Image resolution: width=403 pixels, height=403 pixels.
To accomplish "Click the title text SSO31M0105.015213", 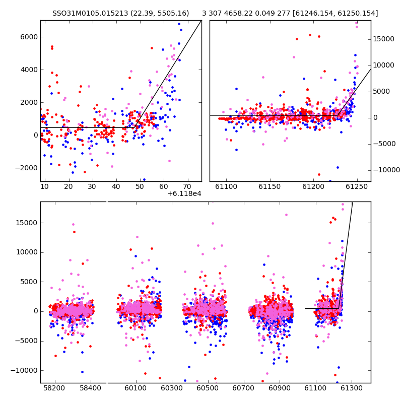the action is [90, 13].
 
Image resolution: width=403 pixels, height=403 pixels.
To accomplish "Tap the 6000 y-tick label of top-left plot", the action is [29, 37].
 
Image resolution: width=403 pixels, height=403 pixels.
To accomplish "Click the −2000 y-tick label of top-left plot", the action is [27, 168].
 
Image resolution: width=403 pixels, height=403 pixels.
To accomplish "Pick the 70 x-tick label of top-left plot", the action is [187, 186].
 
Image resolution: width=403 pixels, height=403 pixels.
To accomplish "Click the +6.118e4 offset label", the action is [184, 193].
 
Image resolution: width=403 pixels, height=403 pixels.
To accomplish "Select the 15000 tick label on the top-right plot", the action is [383, 39].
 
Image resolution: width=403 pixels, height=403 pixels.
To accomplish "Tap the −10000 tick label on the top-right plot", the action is [386, 170].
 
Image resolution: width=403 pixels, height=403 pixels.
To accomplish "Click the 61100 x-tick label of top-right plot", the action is [226, 186].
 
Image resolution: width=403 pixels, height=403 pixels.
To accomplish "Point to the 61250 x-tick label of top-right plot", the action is [357, 186].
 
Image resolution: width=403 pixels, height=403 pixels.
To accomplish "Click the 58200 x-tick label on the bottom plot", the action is [54, 388].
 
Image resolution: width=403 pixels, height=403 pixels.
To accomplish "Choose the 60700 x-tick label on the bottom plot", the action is [243, 388].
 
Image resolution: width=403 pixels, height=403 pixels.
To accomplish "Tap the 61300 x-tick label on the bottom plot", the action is [352, 388].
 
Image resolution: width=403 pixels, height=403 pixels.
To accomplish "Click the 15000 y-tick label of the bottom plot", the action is [27, 223].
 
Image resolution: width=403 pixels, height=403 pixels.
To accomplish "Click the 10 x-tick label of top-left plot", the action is [44, 186].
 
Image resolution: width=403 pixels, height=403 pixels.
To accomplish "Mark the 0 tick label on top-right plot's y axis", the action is [375, 118].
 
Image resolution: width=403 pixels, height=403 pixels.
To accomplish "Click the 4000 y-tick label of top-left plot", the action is [29, 70].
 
